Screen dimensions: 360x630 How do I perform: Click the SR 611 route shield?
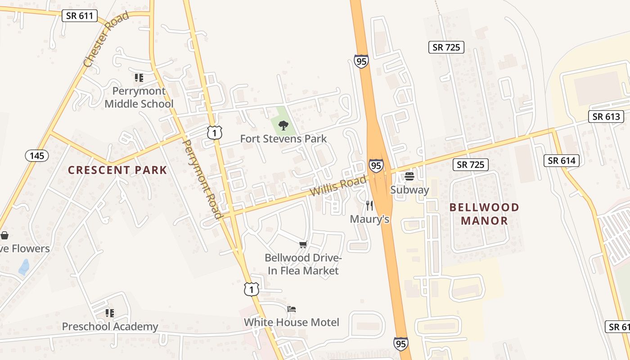point(79,16)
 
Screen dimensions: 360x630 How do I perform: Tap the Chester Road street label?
point(106,40)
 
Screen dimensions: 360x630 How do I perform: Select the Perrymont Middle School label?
point(139,97)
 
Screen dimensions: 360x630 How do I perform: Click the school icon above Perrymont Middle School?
point(139,78)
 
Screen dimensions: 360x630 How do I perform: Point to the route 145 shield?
point(37,156)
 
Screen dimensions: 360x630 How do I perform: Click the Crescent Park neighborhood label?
point(117,170)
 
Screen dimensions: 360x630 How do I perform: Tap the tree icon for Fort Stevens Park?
point(283,125)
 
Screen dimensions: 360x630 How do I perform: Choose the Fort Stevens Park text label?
point(283,139)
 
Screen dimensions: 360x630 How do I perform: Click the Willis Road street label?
point(338,186)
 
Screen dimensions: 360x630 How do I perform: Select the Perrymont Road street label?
point(202,179)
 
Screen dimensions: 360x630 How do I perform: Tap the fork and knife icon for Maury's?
point(369,206)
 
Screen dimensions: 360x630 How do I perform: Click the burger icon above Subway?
point(409,176)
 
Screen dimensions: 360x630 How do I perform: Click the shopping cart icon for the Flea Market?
point(303,244)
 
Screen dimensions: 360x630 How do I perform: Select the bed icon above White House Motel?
point(292,309)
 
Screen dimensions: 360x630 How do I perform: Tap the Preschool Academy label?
point(110,326)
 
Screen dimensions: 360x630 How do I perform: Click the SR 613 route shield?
point(606,117)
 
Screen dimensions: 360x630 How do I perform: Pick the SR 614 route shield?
point(562,160)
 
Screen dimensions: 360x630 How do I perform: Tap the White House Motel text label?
point(292,322)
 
